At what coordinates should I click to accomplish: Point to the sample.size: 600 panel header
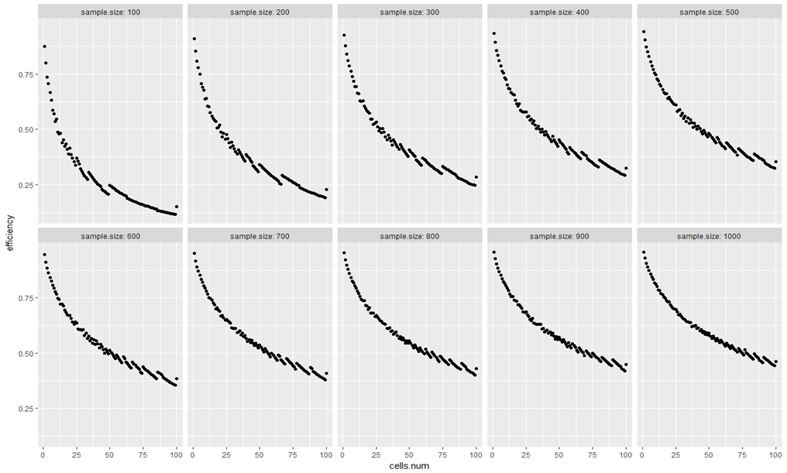(109, 235)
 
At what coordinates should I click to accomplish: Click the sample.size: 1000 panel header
(709, 235)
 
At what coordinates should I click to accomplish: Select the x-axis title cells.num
(409, 466)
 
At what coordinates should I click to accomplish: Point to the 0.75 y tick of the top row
(26, 74)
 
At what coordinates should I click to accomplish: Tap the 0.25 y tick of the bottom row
(26, 409)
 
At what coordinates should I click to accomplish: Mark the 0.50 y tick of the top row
(26, 130)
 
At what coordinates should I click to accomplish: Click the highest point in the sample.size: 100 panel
(44, 46)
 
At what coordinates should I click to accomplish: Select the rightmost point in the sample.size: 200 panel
(327, 189)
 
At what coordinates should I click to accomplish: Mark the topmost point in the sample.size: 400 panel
(494, 33)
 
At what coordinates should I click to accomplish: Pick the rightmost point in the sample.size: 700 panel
(327, 373)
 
